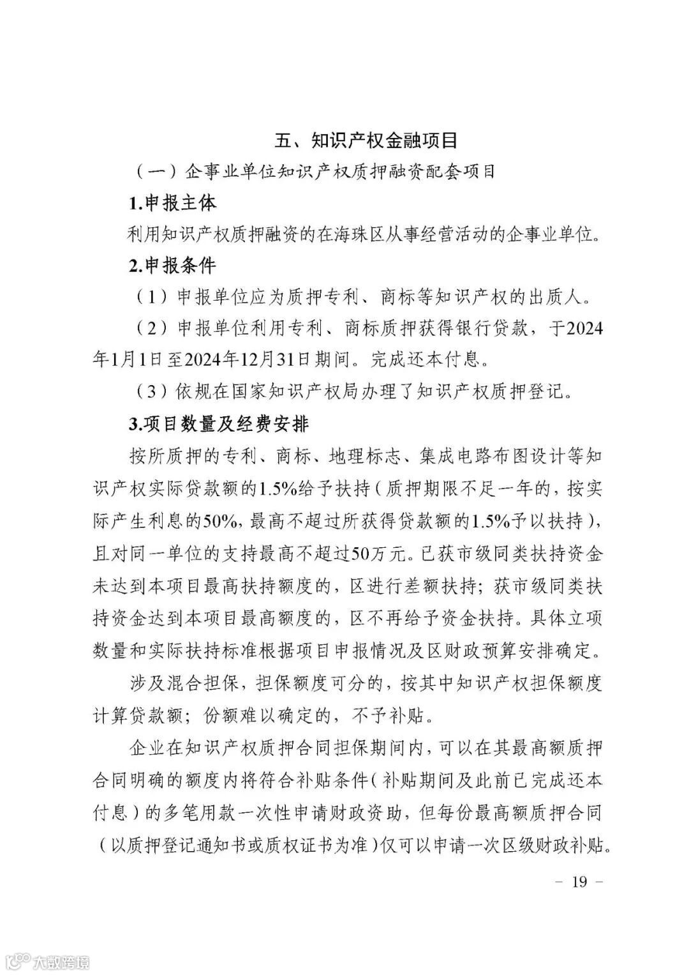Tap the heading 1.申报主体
click(x=172, y=204)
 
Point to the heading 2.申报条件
click(x=172, y=266)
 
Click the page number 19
click(x=579, y=882)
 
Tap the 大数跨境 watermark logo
click(x=48, y=960)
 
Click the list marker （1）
click(x=151, y=298)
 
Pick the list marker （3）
click(x=151, y=391)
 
